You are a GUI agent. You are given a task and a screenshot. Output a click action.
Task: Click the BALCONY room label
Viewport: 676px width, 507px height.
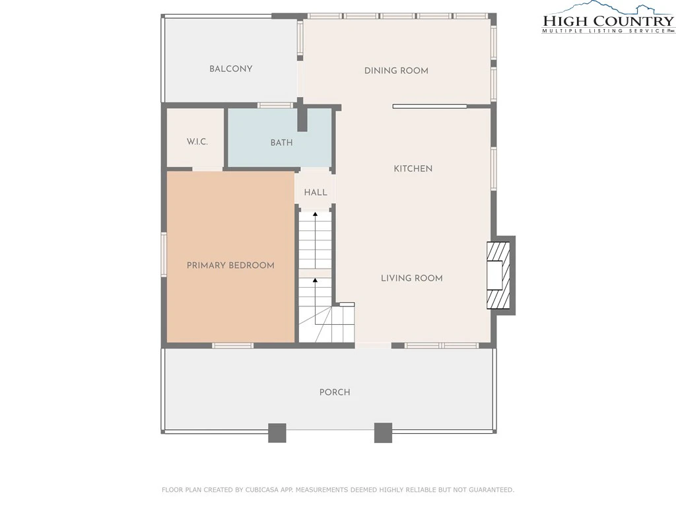coord(230,69)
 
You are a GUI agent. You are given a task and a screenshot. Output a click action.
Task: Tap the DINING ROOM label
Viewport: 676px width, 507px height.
coord(396,71)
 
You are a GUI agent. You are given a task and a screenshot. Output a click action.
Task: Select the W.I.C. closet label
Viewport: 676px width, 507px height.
coord(197,141)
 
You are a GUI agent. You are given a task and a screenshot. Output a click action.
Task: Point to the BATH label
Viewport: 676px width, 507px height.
coord(281,143)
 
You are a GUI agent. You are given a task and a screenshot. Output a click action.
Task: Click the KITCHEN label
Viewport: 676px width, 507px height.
coord(413,168)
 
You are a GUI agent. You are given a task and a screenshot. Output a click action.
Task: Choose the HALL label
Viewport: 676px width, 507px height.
coord(316,192)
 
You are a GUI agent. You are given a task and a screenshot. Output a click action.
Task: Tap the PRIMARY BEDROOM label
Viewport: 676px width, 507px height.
coord(230,265)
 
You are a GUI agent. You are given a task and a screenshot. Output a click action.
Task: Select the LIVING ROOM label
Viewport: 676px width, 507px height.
coord(412,278)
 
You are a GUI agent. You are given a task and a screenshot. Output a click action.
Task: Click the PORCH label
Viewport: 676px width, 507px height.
coord(335,392)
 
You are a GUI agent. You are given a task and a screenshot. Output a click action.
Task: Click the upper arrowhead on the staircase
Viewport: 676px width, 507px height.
coord(315,214)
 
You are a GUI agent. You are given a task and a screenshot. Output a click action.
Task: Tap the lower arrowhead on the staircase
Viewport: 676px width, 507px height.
coord(315,280)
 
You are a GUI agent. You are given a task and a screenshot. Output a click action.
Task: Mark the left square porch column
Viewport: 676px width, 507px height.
coord(277,433)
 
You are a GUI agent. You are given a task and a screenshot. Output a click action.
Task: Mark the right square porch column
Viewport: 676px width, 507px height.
coord(383,433)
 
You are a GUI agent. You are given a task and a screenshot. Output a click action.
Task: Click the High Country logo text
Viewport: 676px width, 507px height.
coord(608,20)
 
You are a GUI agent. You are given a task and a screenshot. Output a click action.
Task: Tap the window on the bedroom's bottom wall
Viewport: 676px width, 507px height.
coord(232,345)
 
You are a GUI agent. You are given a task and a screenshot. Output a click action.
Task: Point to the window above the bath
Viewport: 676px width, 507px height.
coord(275,105)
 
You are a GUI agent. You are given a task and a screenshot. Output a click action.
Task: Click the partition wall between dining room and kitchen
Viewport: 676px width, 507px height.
coord(430,106)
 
